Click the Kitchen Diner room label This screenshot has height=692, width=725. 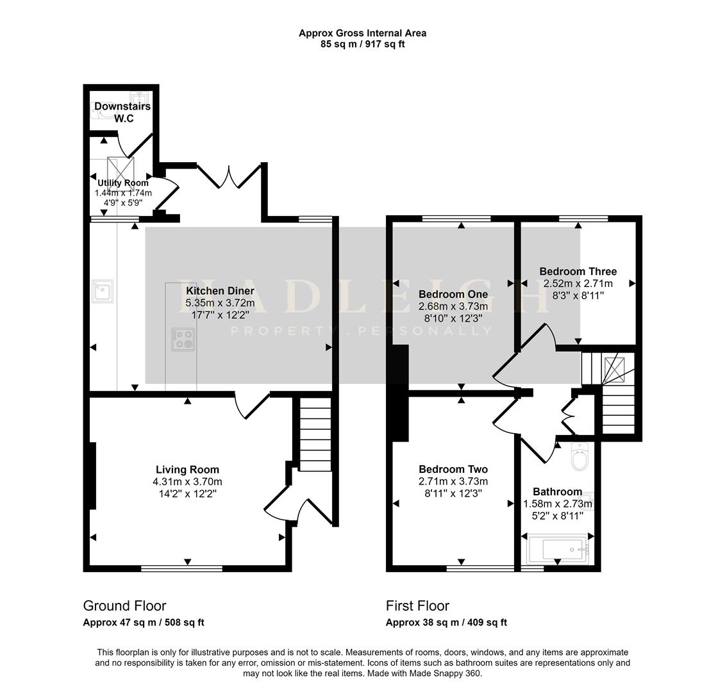[220, 291]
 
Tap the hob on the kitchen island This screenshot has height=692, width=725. [183, 340]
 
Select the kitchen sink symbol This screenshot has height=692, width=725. [102, 292]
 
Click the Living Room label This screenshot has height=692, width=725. [187, 470]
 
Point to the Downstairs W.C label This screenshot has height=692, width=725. [122, 112]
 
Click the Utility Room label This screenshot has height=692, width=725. [123, 183]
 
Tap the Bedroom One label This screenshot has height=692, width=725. [453, 295]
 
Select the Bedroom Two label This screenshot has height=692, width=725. [453, 470]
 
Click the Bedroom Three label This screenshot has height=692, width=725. [578, 271]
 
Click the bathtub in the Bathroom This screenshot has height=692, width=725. [558, 550]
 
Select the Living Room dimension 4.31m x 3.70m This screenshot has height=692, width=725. [187, 482]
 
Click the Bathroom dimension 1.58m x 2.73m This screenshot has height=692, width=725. [558, 504]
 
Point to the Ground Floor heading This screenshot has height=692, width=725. [124, 605]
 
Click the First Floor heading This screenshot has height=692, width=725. [417, 605]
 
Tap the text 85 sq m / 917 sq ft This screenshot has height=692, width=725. [363, 44]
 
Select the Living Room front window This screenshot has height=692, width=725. [181, 568]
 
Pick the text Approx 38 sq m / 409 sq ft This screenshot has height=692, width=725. [447, 622]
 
